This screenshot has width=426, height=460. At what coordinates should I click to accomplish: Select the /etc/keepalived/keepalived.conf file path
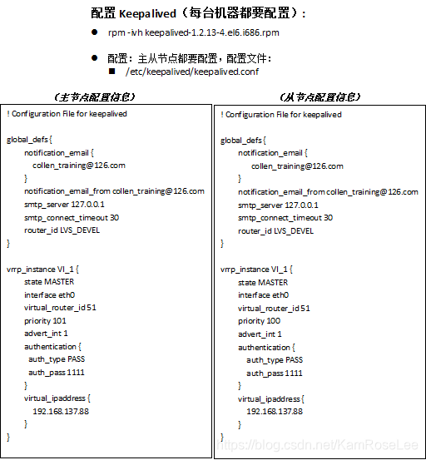click(191, 72)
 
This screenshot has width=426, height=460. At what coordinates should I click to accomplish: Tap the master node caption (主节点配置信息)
click(94, 97)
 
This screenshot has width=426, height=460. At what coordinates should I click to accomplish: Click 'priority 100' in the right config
click(260, 321)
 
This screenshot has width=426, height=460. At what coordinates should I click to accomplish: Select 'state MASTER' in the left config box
click(49, 282)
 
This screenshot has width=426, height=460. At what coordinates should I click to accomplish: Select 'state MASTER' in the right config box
click(263, 283)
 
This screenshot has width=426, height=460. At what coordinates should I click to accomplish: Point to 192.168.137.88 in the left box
click(61, 411)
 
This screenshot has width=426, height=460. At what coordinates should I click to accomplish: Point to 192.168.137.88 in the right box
click(275, 412)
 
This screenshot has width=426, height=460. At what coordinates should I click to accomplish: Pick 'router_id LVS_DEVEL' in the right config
click(275, 230)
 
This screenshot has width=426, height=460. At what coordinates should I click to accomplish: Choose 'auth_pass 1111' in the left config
click(56, 372)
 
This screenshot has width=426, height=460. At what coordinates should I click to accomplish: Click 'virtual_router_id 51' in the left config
click(60, 308)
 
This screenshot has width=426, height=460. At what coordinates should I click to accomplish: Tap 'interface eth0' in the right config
click(263, 295)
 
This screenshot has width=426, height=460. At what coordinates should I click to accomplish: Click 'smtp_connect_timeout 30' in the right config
click(285, 218)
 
